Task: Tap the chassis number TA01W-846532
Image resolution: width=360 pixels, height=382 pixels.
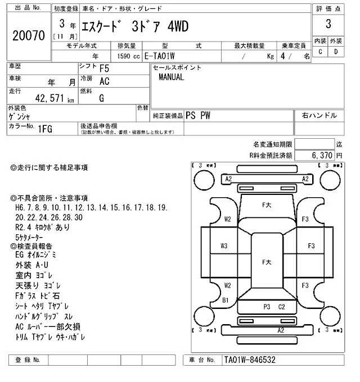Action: click(x=250, y=360)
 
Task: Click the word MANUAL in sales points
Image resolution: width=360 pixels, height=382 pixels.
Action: click(x=171, y=78)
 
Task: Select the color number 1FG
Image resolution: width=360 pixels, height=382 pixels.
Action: click(x=46, y=129)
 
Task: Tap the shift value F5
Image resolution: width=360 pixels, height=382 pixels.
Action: click(x=104, y=68)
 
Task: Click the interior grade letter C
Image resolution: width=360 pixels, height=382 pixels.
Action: click(x=320, y=52)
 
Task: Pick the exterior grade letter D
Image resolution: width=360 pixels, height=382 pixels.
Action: click(x=335, y=52)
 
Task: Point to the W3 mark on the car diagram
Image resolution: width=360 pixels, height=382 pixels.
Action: click(x=224, y=245)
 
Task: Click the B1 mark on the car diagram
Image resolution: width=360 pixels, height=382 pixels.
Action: click(x=225, y=299)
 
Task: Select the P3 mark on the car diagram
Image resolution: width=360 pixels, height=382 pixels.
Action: click(x=267, y=306)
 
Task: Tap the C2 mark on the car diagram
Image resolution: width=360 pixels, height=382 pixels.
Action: click(x=282, y=306)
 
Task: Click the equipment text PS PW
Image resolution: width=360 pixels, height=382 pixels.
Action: click(x=199, y=115)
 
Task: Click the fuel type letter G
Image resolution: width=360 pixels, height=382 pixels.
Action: click(x=101, y=98)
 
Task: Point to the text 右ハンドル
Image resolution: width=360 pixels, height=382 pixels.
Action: click(x=319, y=115)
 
